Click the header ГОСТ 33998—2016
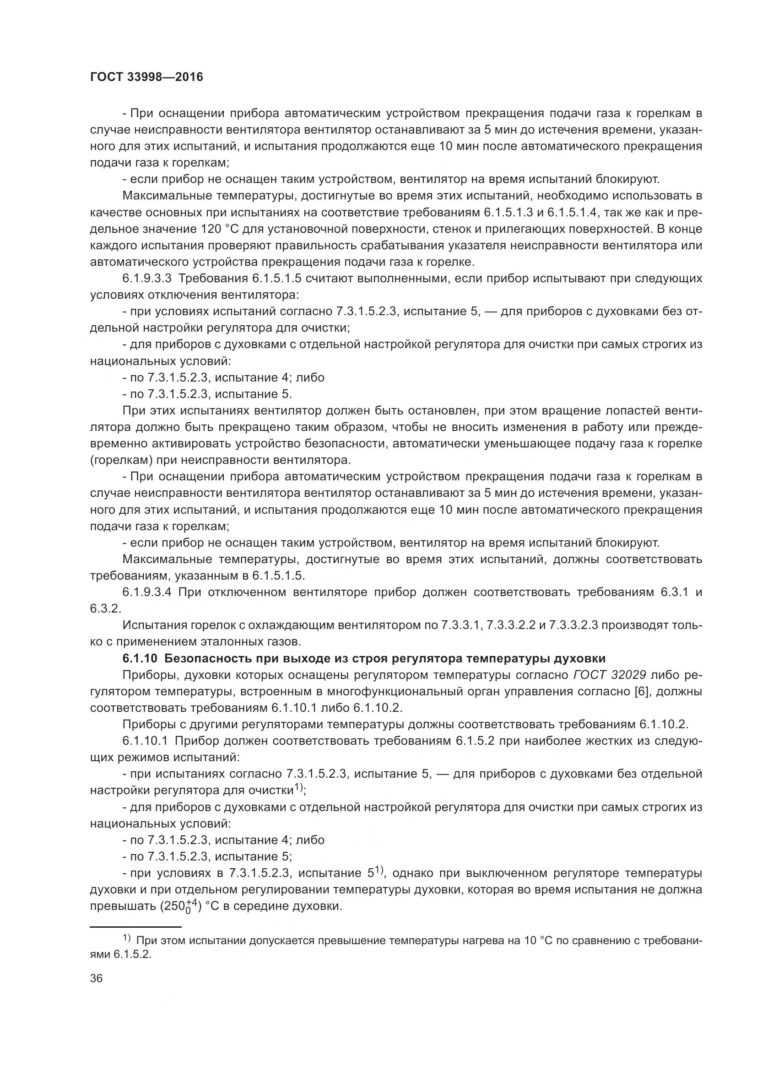(146, 77)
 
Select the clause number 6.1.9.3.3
(147, 279)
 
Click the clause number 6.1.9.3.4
(147, 592)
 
